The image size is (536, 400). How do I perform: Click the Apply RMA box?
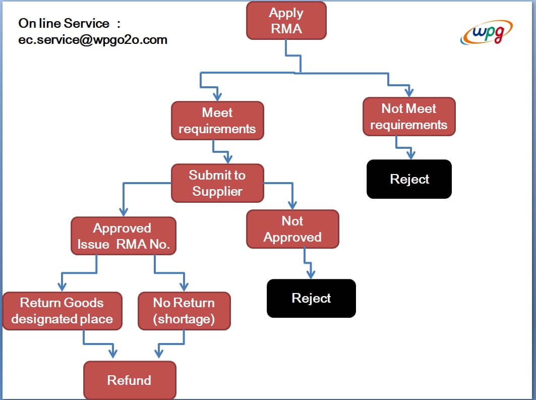coord(286,21)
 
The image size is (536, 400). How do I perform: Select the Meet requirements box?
coord(217,121)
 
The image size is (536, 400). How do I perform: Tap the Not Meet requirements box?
coord(409,117)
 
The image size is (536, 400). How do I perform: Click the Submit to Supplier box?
coord(217,183)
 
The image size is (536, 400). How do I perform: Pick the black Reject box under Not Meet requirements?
coord(409,179)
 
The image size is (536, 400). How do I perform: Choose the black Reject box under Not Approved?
coord(312,299)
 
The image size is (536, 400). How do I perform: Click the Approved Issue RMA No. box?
coord(124,236)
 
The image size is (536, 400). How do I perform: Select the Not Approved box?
coord(292,229)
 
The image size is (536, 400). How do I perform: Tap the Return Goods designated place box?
coord(62,311)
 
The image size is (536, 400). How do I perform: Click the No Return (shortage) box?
coord(184,311)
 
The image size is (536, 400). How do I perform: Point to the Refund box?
coord(130,380)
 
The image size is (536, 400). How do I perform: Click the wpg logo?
coord(487,32)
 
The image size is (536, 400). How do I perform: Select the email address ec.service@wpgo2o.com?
coord(93,40)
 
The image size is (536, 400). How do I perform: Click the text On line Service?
coord(64,23)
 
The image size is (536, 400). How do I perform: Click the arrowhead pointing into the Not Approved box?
coord(292,205)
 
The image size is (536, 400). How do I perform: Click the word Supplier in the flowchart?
coord(217,192)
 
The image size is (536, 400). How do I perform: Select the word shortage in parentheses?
coord(184,319)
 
